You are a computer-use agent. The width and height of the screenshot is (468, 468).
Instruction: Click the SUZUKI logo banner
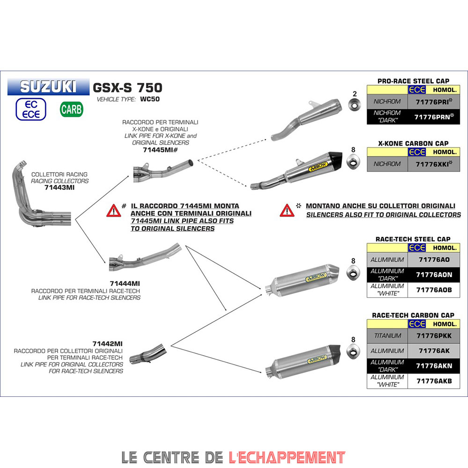(x=48, y=87)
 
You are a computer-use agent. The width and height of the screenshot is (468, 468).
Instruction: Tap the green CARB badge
(x=72, y=110)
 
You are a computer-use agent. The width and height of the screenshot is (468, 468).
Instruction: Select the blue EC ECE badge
(x=31, y=110)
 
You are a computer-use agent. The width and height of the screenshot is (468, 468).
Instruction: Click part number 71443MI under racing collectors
(x=59, y=187)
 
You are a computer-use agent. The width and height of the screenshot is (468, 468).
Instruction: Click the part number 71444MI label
(x=124, y=284)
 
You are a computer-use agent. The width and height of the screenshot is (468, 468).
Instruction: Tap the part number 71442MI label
(x=108, y=344)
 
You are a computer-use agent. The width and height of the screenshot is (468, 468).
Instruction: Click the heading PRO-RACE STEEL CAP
(x=413, y=81)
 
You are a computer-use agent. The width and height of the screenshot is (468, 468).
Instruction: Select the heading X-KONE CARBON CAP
(x=413, y=144)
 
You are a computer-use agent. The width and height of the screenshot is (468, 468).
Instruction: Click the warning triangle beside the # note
(x=113, y=211)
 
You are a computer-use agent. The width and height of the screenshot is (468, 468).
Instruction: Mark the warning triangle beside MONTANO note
(x=286, y=211)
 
